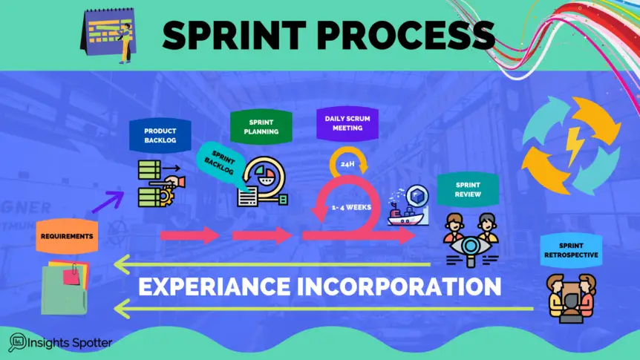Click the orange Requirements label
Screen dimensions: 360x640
pos(66,236)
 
